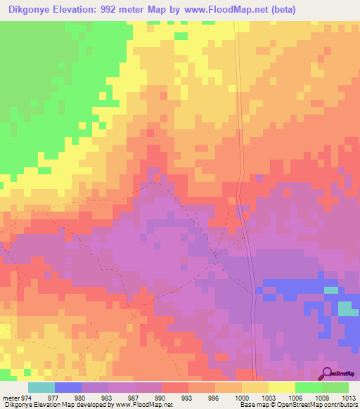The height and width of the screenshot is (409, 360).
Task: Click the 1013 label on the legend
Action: click(349, 398)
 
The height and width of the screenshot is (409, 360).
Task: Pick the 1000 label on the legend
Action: click(242, 398)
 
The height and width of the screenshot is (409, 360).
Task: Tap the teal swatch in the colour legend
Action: click(41, 387)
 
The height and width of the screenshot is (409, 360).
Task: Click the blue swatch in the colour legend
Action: click(68, 387)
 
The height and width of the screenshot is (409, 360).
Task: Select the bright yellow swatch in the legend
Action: click(282, 387)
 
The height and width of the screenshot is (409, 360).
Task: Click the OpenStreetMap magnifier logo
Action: click(326, 374)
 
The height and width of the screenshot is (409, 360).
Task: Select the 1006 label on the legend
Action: click(295, 398)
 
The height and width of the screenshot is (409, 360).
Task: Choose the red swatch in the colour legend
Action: click(175, 387)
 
